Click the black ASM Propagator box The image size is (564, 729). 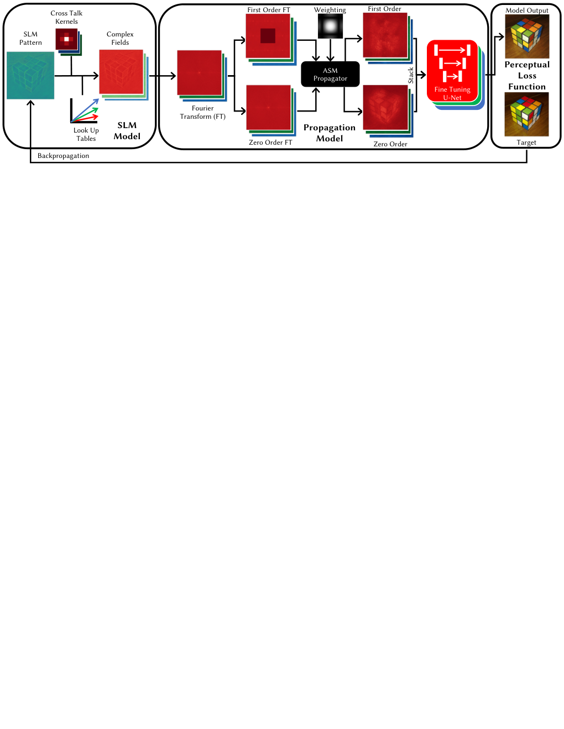tap(330, 74)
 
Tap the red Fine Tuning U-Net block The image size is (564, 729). tap(452, 71)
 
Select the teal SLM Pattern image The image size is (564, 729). tap(30, 76)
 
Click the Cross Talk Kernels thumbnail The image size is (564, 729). tap(66, 39)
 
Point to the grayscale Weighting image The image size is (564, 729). tap(330, 26)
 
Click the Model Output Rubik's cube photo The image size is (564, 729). tap(527, 36)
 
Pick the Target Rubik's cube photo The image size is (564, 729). tap(526, 114)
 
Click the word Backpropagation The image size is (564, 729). tap(63, 156)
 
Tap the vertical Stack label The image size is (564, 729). tap(410, 76)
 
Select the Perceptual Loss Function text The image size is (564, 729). tap(527, 76)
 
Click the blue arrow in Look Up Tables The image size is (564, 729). tap(85, 110)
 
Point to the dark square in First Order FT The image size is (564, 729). tap(268, 35)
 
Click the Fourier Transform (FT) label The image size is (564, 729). tap(202, 112)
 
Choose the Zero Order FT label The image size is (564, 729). tap(270, 142)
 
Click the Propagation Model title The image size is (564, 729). tap(329, 133)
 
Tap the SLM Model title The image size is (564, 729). tap(127, 130)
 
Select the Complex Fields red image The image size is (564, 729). tap(121, 72)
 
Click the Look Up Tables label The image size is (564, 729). tap(86, 134)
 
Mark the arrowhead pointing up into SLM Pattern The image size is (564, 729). tap(30, 103)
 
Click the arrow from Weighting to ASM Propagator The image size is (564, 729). tap(331, 50)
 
